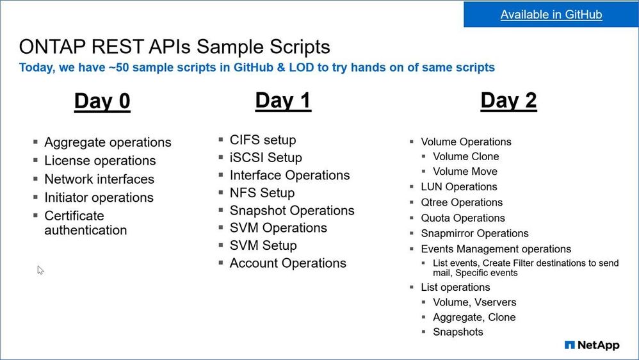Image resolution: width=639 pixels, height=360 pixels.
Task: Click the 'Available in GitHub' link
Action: point(551,15)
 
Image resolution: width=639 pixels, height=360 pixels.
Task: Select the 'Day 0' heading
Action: point(102,101)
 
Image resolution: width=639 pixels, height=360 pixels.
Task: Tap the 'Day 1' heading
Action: point(283,101)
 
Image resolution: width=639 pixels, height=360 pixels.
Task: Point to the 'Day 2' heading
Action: point(508,101)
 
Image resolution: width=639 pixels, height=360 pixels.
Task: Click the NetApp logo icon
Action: point(570,345)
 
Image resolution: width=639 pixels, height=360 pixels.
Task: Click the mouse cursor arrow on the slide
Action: point(40,270)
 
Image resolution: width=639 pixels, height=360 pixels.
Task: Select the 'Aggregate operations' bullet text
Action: point(108,142)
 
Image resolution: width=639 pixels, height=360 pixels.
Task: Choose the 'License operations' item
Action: point(100,161)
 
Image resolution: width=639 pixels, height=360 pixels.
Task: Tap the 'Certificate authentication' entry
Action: point(85,223)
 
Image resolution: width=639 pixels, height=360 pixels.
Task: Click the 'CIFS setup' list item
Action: point(263,140)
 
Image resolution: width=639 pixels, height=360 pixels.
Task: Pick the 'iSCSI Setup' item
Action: point(266,158)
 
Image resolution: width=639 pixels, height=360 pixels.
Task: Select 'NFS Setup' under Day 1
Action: point(262,193)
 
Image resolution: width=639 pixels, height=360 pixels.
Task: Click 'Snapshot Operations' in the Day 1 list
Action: point(291,210)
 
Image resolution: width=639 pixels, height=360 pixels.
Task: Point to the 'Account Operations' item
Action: point(287,263)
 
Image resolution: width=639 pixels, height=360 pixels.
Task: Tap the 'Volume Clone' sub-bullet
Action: point(465,156)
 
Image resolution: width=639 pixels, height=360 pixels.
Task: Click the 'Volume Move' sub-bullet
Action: point(465,172)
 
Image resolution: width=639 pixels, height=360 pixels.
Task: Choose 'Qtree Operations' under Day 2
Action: point(462,202)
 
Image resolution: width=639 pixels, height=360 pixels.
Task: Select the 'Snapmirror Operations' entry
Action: point(474,233)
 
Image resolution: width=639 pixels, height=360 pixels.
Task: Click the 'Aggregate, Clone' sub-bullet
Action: point(474,317)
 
